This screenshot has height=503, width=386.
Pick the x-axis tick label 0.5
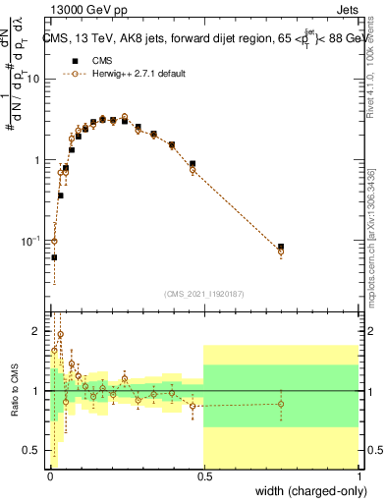pos(203,476)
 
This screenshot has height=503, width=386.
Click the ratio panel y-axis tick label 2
pos(36,330)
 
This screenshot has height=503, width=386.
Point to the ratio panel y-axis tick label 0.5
pos(32,451)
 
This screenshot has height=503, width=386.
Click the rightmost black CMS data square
pos(281,247)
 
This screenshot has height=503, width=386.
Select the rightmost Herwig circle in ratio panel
pos(281,404)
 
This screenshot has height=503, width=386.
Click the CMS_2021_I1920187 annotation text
pos(203,294)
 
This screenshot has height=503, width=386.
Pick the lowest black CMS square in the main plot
pos(54,257)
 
